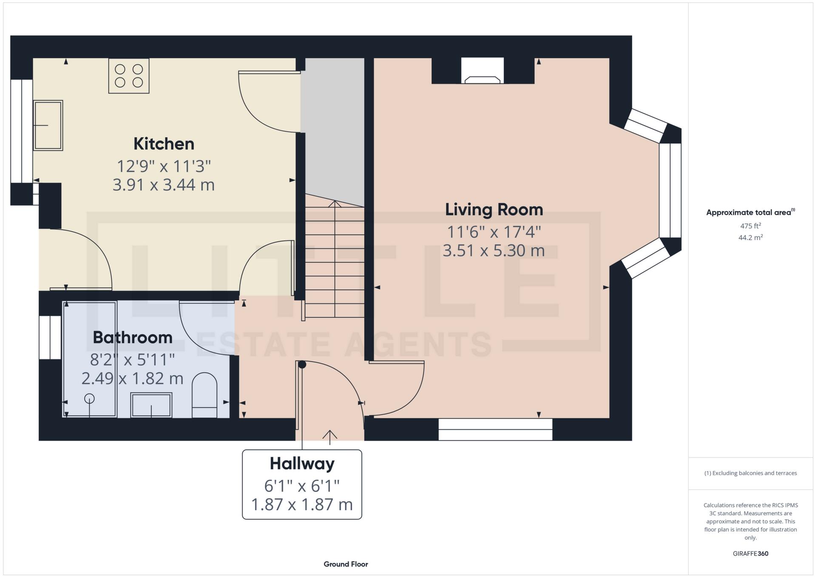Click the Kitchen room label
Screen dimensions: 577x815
tap(164, 144)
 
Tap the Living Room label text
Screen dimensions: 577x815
tap(494, 210)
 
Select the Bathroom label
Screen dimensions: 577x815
tap(132, 337)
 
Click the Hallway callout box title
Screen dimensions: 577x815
tap(302, 463)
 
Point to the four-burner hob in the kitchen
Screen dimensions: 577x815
tap(129, 76)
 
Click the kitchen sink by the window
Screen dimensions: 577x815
tap(48, 125)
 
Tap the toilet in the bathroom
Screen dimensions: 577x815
tap(204, 395)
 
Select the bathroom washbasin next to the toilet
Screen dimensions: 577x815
tap(151, 405)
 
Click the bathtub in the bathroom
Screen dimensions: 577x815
tap(90, 359)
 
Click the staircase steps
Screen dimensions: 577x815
tap(335, 261)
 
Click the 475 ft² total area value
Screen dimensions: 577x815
tap(750, 226)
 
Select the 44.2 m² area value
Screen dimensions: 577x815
tap(750, 238)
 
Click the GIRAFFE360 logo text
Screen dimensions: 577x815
tap(750, 554)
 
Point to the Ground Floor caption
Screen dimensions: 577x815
tap(346, 564)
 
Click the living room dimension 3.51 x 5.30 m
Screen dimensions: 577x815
tap(494, 250)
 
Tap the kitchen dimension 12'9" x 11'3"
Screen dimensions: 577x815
tap(164, 166)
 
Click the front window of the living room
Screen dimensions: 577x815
tap(495, 429)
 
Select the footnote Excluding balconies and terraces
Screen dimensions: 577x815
tap(750, 473)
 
